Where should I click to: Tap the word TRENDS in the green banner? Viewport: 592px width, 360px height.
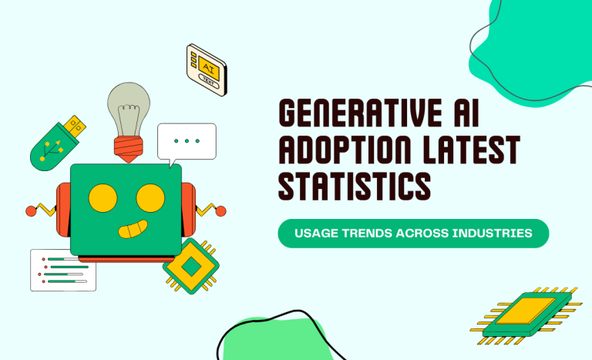click(x=368, y=234)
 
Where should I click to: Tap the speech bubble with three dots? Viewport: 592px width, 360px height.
click(x=187, y=141)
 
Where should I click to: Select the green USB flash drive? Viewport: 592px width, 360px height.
click(x=55, y=143)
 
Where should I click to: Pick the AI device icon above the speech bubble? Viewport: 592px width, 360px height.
click(x=207, y=69)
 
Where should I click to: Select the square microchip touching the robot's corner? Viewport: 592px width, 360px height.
click(x=190, y=266)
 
